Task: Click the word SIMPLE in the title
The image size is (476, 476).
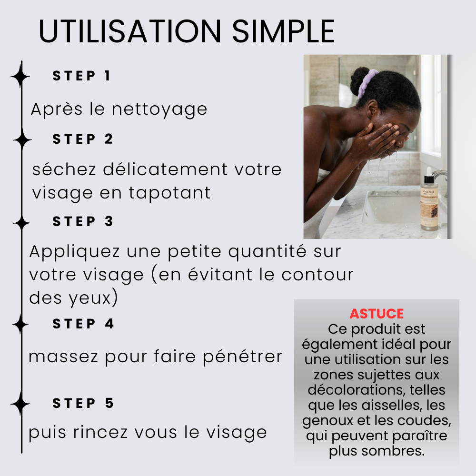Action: coord(283,31)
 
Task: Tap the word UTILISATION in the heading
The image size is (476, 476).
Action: coord(130,31)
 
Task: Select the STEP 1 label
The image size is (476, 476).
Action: coord(81,76)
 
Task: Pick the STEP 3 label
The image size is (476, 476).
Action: coord(82,221)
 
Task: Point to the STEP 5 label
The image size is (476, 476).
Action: coord(83,403)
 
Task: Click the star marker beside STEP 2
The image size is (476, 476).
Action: coord(22,140)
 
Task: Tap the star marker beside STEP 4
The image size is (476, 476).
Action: coord(20,324)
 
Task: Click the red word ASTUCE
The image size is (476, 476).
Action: coord(377,314)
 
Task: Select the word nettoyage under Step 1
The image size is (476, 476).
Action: coord(159,109)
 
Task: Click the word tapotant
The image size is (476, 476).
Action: coord(170,193)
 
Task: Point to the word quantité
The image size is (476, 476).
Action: coord(268,252)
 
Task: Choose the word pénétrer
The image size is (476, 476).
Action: coord(243,357)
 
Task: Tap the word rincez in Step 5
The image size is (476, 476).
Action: coord(100,432)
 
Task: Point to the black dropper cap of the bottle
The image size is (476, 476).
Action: coord(429,178)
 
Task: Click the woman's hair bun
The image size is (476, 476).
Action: coord(358,80)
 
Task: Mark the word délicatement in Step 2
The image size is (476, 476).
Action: coord(166,169)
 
